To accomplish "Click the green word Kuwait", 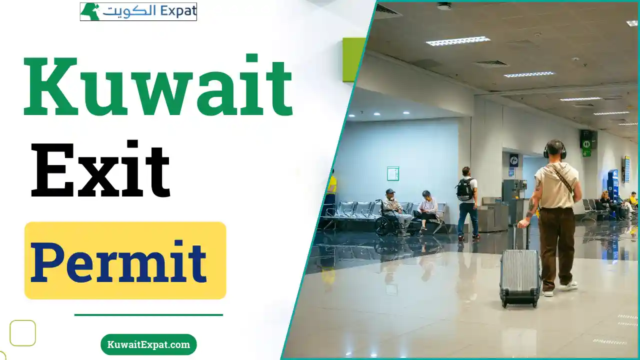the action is tap(158, 85).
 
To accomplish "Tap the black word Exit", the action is tap(100, 169).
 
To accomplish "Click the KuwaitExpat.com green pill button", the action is tap(148, 344).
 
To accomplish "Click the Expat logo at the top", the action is tap(138, 11).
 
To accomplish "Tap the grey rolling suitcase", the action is tap(520, 277).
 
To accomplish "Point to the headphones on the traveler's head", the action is tap(555, 150).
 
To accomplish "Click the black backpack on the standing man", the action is tap(465, 189).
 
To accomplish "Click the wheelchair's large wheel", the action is tap(383, 226).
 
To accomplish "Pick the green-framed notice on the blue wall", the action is tap(393, 173).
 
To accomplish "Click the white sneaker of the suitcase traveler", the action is tap(568, 285).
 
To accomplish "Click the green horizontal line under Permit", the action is tap(148, 315).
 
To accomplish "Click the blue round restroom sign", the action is tap(514, 159).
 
